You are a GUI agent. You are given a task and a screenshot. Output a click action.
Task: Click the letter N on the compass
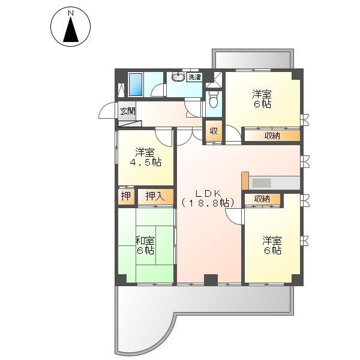point(71,13)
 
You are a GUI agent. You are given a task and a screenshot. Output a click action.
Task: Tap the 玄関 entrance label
point(128,112)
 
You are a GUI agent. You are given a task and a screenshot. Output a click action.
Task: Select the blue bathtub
point(136,85)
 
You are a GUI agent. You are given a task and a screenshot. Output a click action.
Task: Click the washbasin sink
point(178,77)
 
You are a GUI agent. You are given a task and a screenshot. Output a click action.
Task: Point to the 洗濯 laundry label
point(194,77)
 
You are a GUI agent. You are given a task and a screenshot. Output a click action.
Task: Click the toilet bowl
point(214,99)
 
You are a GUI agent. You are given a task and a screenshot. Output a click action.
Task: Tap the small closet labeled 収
point(214,131)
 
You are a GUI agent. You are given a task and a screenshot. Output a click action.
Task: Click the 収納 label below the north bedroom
point(272,136)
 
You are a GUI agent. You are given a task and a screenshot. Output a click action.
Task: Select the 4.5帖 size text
point(146,163)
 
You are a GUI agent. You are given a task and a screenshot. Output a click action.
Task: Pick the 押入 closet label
point(155,197)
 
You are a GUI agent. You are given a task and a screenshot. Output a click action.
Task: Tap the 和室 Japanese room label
point(145,241)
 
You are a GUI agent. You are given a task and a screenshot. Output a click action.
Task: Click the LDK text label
point(208,194)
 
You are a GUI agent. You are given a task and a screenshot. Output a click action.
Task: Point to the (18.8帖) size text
point(208,203)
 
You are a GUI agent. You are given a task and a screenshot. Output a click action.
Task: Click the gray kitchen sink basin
point(262,183)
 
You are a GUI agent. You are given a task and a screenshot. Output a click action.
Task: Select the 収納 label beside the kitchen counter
point(262,199)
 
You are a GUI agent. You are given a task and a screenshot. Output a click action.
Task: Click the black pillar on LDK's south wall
point(211,280)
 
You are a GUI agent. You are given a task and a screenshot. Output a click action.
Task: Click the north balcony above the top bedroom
point(253,59)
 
